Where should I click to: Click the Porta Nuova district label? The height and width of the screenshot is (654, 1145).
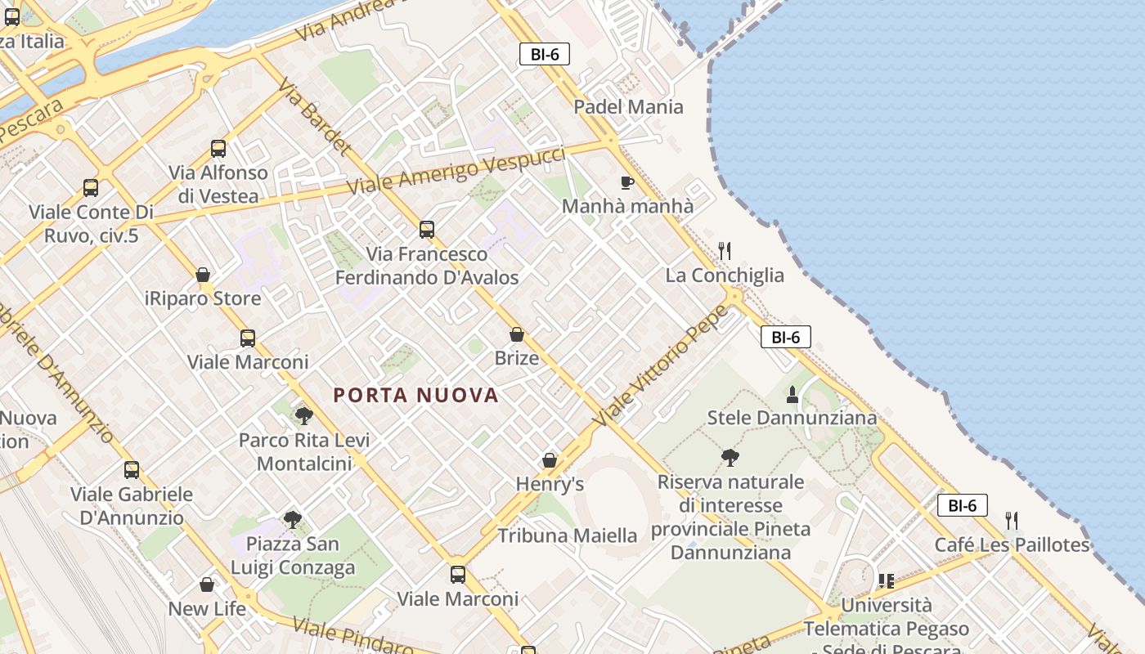click(x=415, y=396)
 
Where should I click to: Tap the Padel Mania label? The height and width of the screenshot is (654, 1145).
click(x=628, y=106)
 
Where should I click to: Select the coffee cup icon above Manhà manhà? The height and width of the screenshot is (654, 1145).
click(x=627, y=182)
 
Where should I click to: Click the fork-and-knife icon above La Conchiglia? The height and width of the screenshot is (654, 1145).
click(x=724, y=251)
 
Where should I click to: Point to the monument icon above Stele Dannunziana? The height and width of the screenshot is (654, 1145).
click(x=792, y=395)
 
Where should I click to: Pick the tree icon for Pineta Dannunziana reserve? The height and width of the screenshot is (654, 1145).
click(x=730, y=458)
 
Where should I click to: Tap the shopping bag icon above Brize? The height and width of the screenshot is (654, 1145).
click(x=517, y=334)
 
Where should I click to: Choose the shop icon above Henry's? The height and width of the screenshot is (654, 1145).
click(x=550, y=461)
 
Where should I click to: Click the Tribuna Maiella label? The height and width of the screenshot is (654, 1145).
click(x=568, y=536)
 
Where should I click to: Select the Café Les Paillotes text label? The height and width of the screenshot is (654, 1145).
click(x=1013, y=545)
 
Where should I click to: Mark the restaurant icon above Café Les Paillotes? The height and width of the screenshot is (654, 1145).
click(x=1012, y=521)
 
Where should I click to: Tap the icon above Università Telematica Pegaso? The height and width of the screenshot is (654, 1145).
click(x=886, y=581)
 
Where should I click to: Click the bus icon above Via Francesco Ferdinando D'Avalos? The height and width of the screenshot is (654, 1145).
click(x=427, y=230)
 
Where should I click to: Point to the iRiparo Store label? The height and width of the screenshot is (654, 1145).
click(x=203, y=298)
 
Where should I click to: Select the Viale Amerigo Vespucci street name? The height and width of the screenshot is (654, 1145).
click(x=456, y=170)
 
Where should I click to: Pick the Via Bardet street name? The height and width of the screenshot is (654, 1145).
click(x=315, y=117)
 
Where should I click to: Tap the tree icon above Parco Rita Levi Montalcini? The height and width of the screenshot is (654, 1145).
click(x=304, y=416)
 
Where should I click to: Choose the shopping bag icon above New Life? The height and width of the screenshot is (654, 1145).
click(x=207, y=585)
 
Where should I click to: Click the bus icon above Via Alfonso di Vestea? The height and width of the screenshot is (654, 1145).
click(x=218, y=149)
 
